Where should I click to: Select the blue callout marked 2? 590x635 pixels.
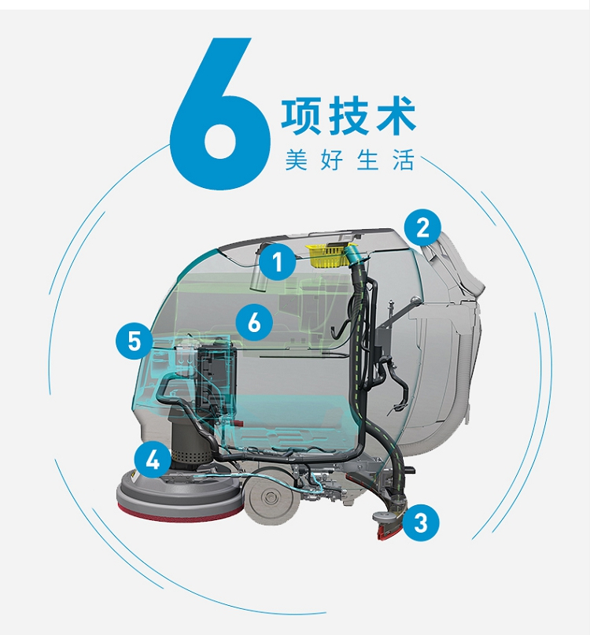click(422, 227)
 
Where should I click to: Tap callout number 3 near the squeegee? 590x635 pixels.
click(421, 522)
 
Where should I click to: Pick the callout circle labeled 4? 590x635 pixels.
click(153, 460)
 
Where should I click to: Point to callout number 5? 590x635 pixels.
click(135, 341)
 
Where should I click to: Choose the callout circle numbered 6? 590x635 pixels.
click(254, 323)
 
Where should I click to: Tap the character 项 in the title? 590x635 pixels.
click(301, 116)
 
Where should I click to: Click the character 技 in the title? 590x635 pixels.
click(349, 116)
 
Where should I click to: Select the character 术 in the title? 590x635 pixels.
click(396, 116)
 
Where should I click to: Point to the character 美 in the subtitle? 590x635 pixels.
click(297, 160)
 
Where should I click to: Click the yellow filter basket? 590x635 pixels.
click(328, 256)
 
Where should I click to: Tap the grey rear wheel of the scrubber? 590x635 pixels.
click(269, 497)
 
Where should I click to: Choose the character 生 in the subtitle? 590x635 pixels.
click(367, 160)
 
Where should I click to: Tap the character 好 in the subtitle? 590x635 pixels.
click(332, 160)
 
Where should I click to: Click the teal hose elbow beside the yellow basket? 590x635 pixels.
click(353, 257)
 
